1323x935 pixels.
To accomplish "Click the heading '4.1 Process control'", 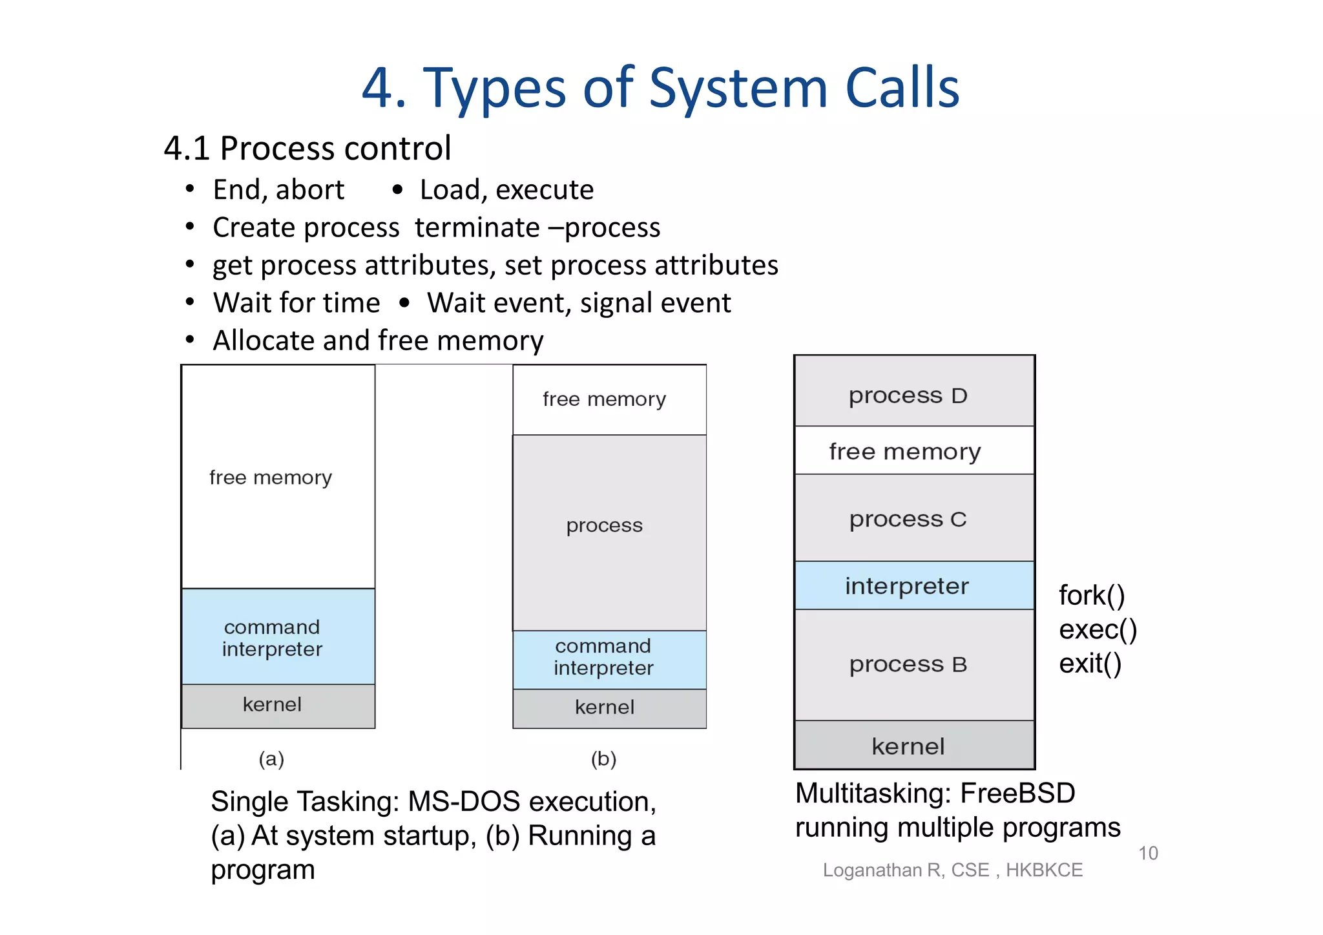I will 307,149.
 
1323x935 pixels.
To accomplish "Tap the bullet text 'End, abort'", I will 278,190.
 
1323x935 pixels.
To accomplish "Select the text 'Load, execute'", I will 506,190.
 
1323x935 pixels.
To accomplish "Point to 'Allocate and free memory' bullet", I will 378,341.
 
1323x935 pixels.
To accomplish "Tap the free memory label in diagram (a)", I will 271,478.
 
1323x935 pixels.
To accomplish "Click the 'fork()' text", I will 1092,596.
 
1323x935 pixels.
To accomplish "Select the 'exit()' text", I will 1090,664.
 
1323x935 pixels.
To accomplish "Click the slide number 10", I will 1148,853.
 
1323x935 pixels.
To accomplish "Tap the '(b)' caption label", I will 603,759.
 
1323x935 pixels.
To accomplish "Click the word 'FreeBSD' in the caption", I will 1017,793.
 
